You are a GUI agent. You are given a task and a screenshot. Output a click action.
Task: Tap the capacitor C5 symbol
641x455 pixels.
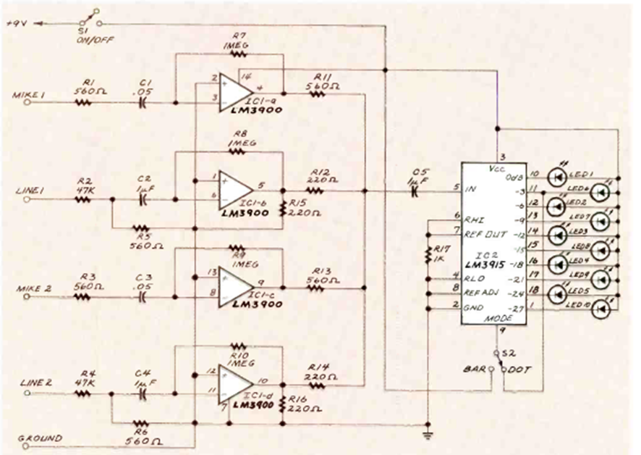coord(415,192)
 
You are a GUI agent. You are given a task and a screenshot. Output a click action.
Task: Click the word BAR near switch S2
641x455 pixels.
coord(473,370)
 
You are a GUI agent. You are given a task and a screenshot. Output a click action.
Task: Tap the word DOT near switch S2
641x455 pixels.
coord(519,370)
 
